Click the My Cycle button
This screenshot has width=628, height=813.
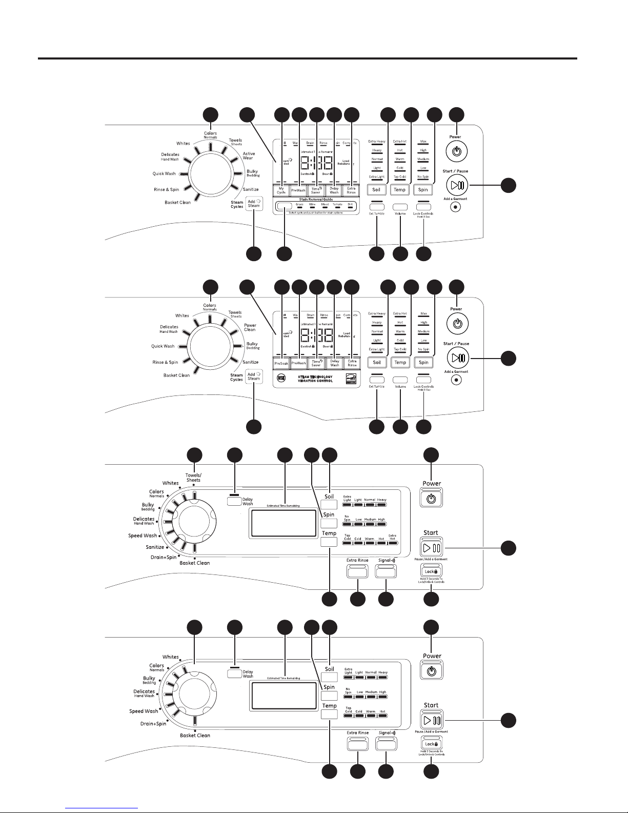point(281,190)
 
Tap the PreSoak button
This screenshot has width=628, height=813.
point(281,363)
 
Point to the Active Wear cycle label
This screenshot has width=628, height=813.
point(249,156)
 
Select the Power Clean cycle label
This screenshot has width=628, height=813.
point(250,327)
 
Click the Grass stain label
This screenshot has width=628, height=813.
point(299,204)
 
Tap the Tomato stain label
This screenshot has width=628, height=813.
point(337,204)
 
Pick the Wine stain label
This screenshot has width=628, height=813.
point(312,204)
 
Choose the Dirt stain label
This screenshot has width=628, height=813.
point(351,204)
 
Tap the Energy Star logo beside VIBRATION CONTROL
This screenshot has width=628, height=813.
point(351,379)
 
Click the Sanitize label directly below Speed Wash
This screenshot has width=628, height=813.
point(154,547)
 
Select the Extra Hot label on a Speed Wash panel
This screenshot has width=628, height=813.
point(392,537)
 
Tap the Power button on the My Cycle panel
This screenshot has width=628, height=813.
point(456,152)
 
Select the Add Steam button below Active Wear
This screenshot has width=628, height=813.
point(254,204)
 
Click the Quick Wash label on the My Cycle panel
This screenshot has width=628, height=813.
point(164,174)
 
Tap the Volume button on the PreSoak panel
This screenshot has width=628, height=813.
point(400,380)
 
